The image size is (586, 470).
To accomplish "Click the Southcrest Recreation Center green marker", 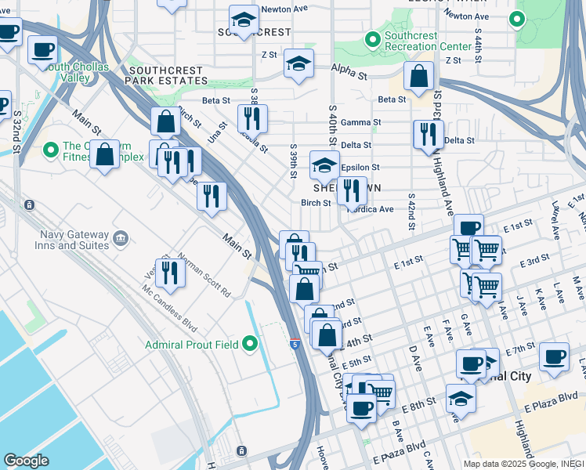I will pyautogui.click(x=372, y=38).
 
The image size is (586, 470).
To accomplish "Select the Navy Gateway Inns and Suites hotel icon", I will pyautogui.click(x=121, y=237).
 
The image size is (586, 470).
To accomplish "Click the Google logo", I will pyautogui.click(x=26, y=461).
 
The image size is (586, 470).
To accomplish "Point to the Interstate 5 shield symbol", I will pyautogui.click(x=294, y=343).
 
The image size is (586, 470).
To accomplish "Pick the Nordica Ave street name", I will pyautogui.click(x=371, y=209).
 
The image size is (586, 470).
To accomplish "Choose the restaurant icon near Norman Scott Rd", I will pyautogui.click(x=169, y=273).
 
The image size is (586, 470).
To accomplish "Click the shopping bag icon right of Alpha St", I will pyautogui.click(x=419, y=76).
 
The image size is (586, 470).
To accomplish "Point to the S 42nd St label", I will pyautogui.click(x=410, y=210).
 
